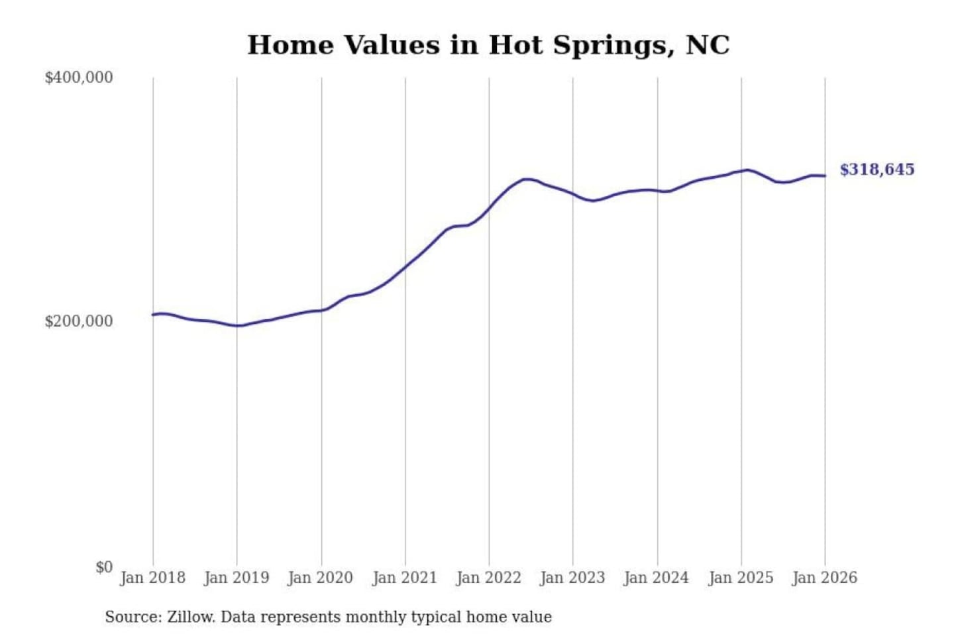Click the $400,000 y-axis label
[x=78, y=78]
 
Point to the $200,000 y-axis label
[x=78, y=321]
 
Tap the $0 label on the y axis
[x=104, y=567]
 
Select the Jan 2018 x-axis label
[x=152, y=578]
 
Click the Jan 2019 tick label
[x=237, y=578]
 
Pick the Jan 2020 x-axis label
[x=321, y=578]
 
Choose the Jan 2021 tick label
[x=405, y=578]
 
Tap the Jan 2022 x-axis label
[x=489, y=578]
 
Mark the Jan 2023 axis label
[x=572, y=578]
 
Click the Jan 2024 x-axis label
[x=657, y=578]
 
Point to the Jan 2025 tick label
[x=741, y=578]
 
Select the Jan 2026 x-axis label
[x=825, y=578]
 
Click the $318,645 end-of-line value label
[x=877, y=170]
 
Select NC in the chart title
[x=708, y=45]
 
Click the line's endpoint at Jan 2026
[x=825, y=176]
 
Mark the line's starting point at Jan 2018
[x=153, y=315]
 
